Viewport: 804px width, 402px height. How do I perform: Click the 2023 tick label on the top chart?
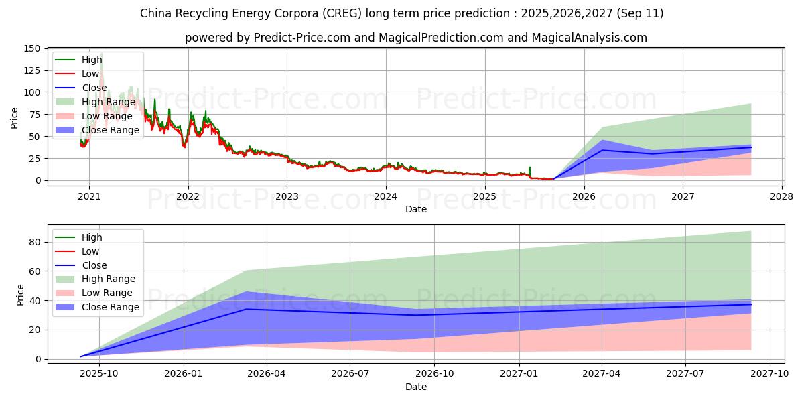287,196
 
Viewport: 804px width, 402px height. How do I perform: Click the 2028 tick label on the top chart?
782,196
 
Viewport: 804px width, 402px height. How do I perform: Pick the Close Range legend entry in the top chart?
111,130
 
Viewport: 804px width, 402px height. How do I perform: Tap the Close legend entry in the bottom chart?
94,265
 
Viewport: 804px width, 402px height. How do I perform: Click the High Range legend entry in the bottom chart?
109,279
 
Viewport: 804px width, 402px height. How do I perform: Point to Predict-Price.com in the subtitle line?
302,38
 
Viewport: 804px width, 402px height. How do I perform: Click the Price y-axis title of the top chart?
15,117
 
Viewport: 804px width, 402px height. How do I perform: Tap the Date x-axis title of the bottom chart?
415,387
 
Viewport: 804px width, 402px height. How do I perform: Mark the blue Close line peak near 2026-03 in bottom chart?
247,309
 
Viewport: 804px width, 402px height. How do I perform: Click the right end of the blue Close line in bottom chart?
751,304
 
